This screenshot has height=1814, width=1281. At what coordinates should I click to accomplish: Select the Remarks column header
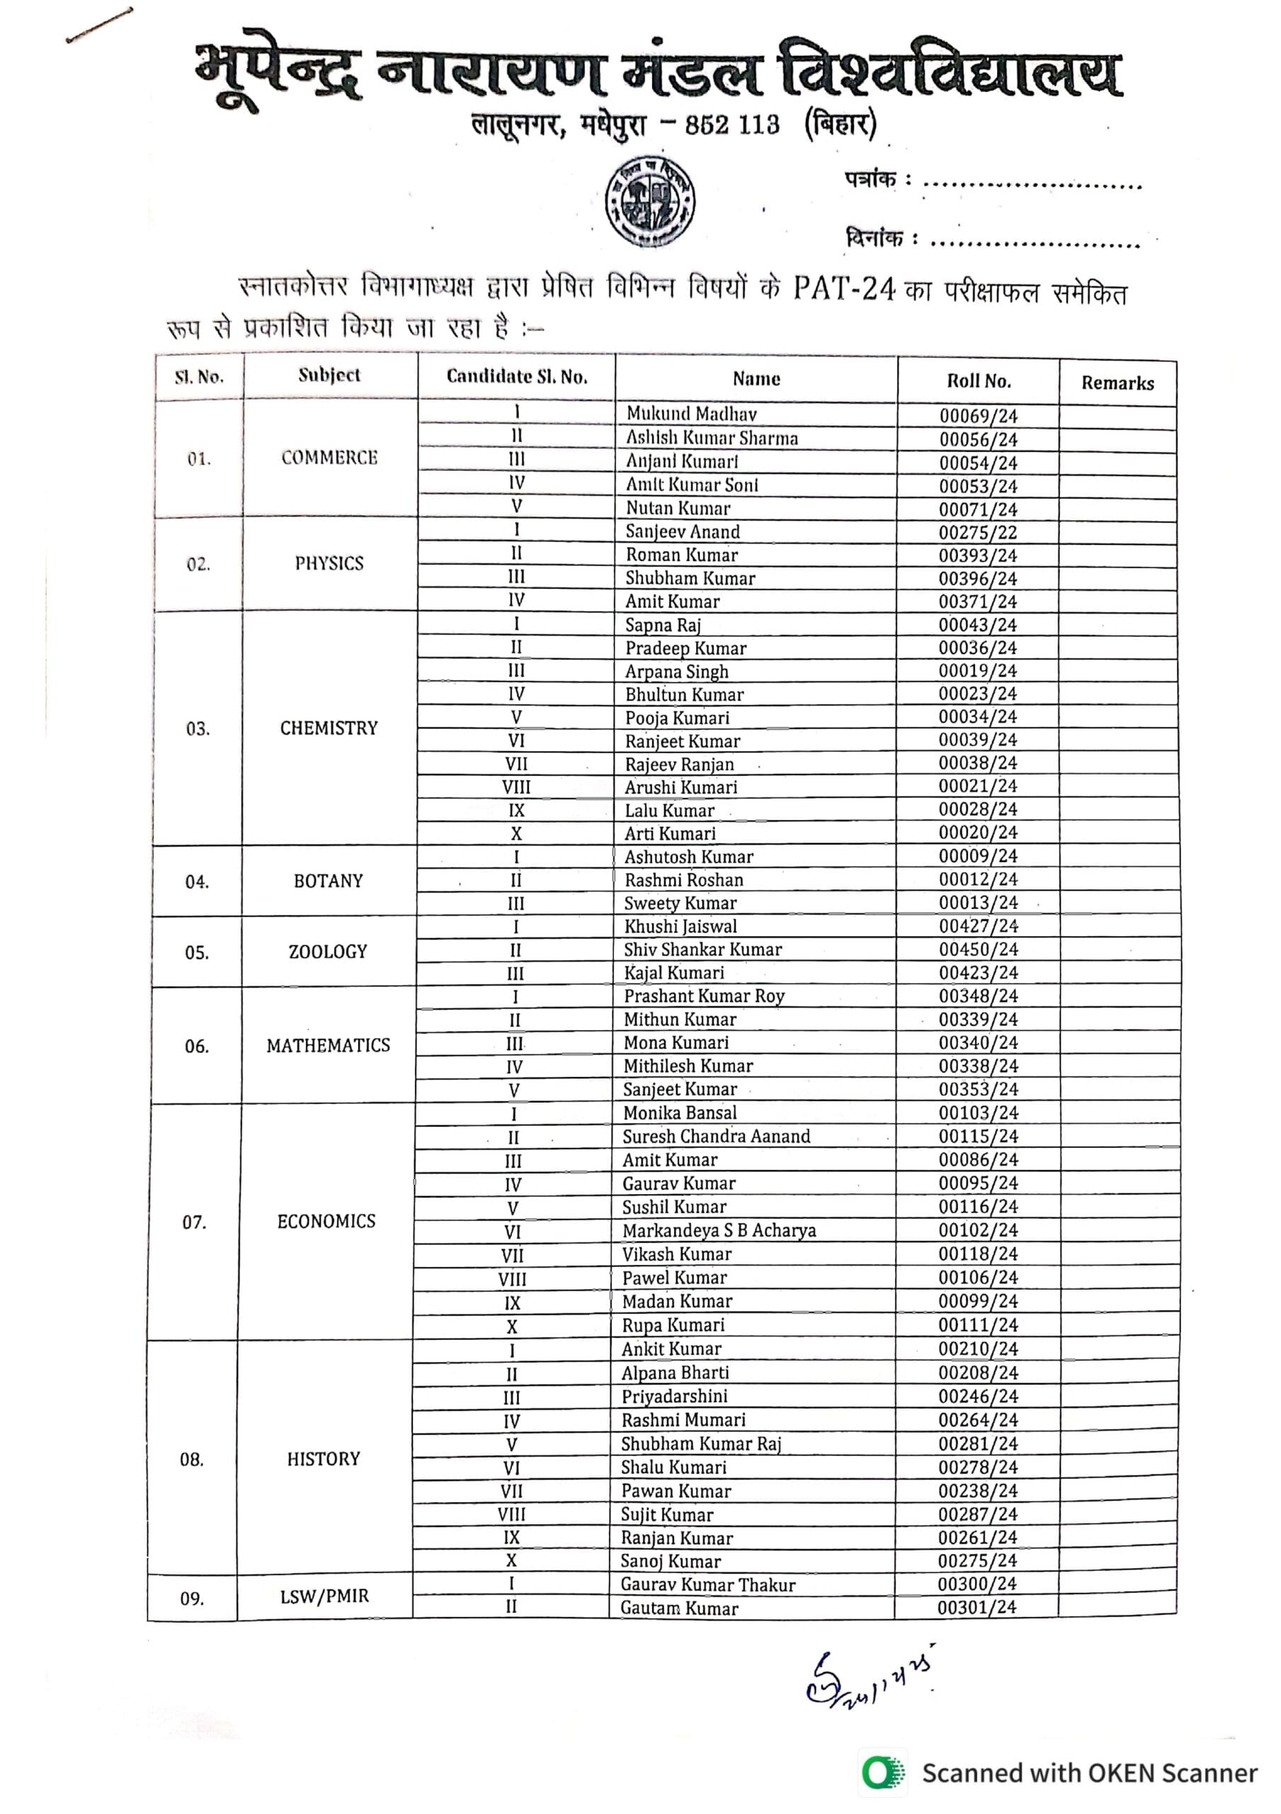1117,383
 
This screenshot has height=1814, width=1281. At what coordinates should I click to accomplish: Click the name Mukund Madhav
691,413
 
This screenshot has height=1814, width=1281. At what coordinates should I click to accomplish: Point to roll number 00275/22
978,532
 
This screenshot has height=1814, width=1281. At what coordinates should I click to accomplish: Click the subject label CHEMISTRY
329,728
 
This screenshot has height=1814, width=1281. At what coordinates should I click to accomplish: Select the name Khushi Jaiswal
680,926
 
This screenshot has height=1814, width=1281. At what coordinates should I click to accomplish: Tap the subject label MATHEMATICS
328,1045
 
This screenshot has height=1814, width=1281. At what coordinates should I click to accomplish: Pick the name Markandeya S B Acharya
719,1230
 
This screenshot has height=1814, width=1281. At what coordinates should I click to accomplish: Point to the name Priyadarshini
673,1396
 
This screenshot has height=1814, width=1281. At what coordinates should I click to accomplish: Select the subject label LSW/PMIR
324,1596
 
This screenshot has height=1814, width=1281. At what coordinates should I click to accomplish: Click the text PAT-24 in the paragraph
843,289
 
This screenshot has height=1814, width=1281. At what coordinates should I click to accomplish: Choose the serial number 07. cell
194,1222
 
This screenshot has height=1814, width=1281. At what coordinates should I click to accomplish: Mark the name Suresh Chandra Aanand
715,1136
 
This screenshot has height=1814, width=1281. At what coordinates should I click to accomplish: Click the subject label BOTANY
328,881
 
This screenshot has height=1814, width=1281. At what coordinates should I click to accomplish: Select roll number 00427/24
978,926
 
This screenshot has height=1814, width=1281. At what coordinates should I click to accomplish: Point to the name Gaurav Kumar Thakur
707,1584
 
